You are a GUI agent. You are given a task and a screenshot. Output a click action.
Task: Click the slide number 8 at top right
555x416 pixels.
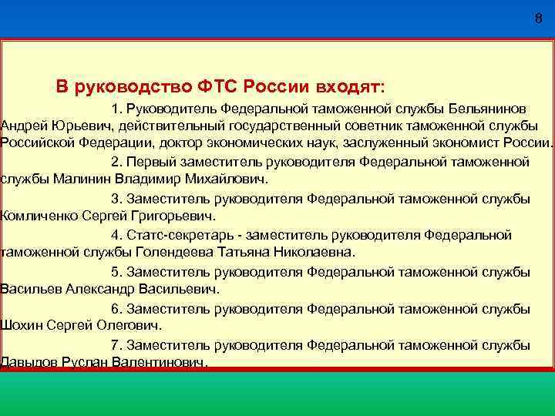click(538, 18)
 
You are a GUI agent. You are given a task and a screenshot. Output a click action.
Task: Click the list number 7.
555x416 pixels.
click(116, 344)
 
